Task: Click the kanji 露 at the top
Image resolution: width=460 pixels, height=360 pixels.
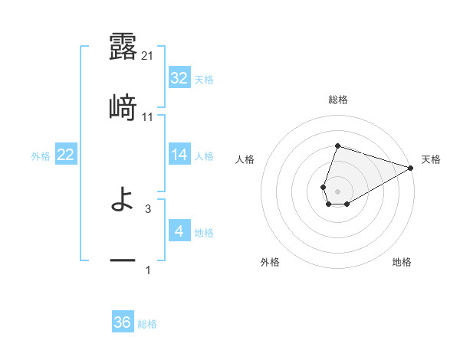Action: [123, 47]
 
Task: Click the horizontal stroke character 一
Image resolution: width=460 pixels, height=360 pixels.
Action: [123, 261]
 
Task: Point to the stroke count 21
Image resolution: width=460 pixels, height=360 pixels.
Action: [148, 55]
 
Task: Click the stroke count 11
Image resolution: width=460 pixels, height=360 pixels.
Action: [148, 116]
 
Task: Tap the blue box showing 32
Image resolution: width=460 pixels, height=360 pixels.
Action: [179, 78]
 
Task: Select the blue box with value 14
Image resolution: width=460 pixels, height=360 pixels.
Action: [179, 155]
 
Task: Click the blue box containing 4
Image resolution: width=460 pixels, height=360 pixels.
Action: [179, 231]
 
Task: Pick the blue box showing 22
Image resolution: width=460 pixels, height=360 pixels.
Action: [65, 155]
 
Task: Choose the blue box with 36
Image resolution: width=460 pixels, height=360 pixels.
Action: [122, 322]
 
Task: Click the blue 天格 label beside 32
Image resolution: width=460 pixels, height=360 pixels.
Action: [204, 79]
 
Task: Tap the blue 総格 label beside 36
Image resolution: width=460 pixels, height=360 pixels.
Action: [147, 323]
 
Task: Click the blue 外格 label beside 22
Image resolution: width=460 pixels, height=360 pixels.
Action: [41, 155]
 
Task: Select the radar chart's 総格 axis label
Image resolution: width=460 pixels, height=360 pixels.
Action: [337, 100]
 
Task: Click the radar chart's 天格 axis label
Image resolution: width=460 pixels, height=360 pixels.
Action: [431, 159]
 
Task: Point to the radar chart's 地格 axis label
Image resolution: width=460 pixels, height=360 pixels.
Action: [402, 262]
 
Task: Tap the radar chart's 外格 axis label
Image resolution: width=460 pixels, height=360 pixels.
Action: [270, 262]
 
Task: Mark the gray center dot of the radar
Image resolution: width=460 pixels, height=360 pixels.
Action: [337, 190]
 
